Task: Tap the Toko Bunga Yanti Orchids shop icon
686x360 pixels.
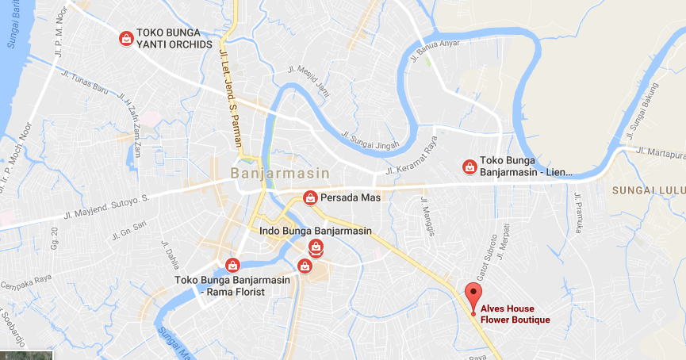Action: (x=125, y=38)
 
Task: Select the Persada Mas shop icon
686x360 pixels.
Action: (x=310, y=197)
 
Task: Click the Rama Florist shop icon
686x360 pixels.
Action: (x=232, y=264)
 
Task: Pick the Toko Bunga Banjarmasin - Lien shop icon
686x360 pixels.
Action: (x=469, y=167)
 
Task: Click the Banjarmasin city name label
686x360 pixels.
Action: (x=271, y=172)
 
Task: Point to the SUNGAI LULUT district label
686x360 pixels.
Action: (x=648, y=191)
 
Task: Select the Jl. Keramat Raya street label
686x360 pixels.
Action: (x=412, y=159)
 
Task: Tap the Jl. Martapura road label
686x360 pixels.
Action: (x=660, y=151)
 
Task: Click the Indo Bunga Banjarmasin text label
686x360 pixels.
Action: (x=316, y=231)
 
